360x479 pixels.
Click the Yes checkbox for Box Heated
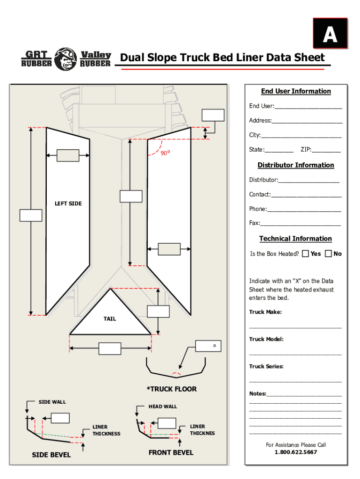click(305, 254)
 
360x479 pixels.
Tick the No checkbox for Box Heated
click(328, 254)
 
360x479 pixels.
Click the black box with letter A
click(330, 33)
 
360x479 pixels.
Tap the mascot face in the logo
click(66, 59)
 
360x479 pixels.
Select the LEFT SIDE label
click(68, 203)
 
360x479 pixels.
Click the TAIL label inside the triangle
click(110, 319)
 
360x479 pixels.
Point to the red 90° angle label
click(166, 152)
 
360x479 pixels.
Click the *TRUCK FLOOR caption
click(172, 389)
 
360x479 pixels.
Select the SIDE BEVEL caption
click(51, 455)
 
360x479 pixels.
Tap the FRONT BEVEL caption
click(171, 452)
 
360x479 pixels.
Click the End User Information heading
click(296, 91)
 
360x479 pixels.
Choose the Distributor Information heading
click(296, 165)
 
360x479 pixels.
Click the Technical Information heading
click(295, 239)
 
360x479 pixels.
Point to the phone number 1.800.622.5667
click(295, 452)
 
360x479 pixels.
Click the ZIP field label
click(306, 150)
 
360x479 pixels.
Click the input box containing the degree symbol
click(208, 346)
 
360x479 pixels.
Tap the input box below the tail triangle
click(110, 348)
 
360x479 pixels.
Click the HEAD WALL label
click(163, 406)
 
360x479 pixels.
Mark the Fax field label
click(254, 223)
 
